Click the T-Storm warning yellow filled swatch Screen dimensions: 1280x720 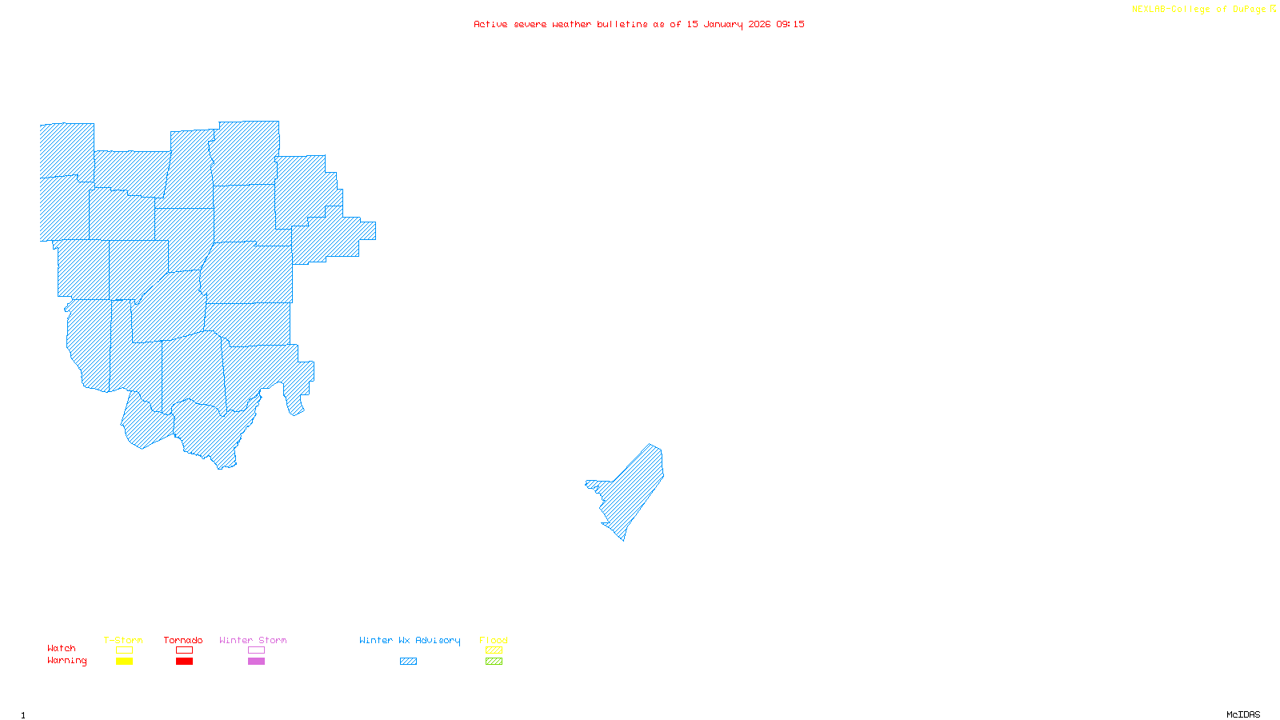pos(124,662)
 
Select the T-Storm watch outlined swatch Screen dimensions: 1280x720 pos(124,650)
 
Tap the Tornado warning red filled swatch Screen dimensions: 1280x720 pos(184,662)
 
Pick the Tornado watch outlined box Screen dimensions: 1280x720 pos(184,650)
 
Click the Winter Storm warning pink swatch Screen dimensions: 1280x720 pos(256,662)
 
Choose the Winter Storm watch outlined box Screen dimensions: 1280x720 pos(256,650)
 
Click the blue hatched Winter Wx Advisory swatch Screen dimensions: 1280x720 pos(408,662)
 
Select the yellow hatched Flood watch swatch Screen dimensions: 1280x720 pos(494,650)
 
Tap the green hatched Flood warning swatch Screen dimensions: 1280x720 pos(494,662)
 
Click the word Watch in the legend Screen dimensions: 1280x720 pos(62,649)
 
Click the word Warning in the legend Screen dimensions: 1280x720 pos(66,661)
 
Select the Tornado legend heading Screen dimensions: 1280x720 pos(183,640)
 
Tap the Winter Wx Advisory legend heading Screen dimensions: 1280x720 pos(410,640)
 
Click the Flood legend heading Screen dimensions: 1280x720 pos(494,640)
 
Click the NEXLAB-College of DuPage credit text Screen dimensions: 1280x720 pos(1199,10)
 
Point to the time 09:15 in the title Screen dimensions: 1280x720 pos(790,25)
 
